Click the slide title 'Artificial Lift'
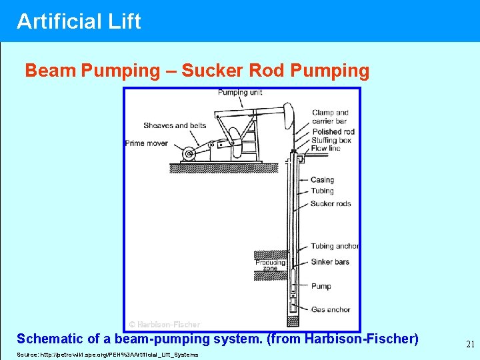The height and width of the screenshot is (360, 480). pos(79,21)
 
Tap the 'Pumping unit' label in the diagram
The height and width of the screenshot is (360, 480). pos(240,93)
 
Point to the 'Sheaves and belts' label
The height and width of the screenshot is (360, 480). pos(175,125)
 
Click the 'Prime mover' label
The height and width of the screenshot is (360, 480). pos(147,143)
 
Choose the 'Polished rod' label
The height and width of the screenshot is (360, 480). pos(333,132)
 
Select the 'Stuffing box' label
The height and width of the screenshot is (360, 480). pos(331,141)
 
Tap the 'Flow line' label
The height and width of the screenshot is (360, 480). pos(325,149)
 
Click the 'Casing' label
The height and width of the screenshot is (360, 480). pos(322,180)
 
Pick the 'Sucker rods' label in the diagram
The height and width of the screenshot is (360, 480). pos(331,204)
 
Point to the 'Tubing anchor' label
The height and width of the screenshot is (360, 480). pos(335,247)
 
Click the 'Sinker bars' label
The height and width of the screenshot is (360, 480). pos(330,262)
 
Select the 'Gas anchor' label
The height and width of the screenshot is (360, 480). pos(330,310)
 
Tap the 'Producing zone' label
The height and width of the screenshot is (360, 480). pos(270,265)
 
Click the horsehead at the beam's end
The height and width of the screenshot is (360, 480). pos(288,115)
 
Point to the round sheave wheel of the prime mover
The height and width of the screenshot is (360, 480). pos(189,154)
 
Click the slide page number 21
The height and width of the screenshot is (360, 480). pos(470,344)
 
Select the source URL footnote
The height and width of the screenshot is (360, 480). pos(107,355)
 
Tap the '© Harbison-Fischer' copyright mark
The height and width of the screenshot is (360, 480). pos(164,325)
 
